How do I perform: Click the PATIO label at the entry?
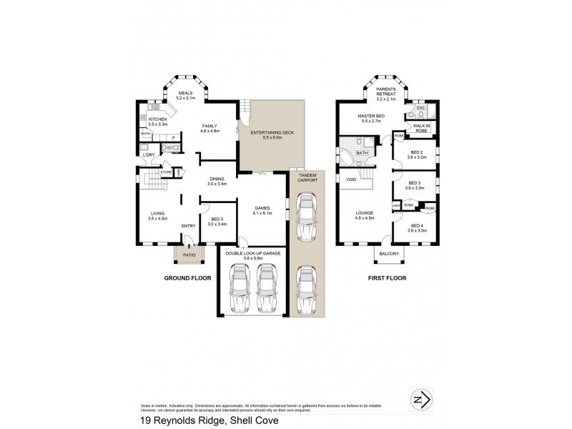pyautogui.click(x=189, y=253)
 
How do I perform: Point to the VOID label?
pyautogui.click(x=351, y=179)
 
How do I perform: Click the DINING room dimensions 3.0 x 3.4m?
pyautogui.click(x=217, y=184)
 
